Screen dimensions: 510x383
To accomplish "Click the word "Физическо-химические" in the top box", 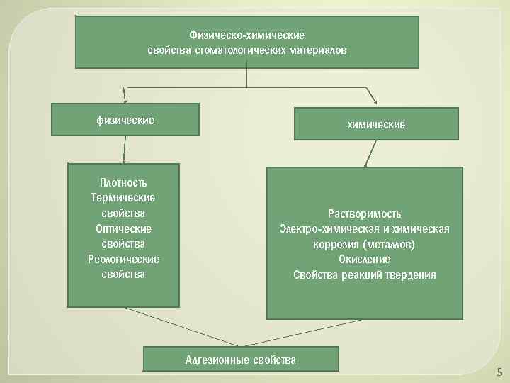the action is (246, 35).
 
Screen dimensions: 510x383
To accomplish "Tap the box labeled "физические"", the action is (125, 120).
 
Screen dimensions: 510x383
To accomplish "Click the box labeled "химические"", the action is (376, 125).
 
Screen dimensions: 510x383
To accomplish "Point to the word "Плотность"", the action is (124, 182).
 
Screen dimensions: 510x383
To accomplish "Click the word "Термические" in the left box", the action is (124, 197).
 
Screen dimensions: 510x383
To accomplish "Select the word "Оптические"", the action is (124, 228).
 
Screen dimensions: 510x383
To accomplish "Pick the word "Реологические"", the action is (124, 259).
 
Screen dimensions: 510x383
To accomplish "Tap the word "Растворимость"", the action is (365, 213).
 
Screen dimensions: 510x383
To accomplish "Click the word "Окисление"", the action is (365, 260).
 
